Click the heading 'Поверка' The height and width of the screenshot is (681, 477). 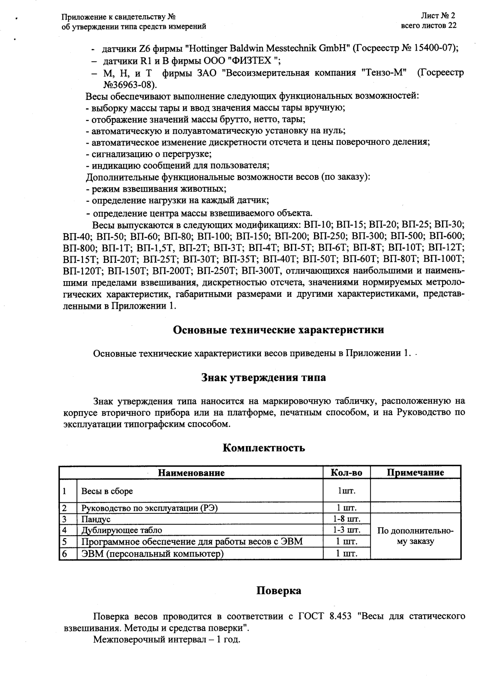point(278,591)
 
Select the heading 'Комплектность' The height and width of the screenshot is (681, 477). point(263,448)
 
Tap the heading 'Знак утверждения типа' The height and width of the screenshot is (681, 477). point(263,378)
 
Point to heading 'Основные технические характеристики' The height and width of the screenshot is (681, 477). point(279,330)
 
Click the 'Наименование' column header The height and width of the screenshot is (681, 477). point(191,473)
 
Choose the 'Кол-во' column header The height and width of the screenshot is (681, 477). point(346,473)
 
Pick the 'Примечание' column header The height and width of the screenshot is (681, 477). point(415,473)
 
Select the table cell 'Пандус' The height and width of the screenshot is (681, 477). point(96,519)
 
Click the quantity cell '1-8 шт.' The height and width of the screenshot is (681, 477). point(346,519)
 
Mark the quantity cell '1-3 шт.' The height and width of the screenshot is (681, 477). point(346,530)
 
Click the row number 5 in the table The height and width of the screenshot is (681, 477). point(64,542)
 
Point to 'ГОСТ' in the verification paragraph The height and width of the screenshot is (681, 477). point(311,616)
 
